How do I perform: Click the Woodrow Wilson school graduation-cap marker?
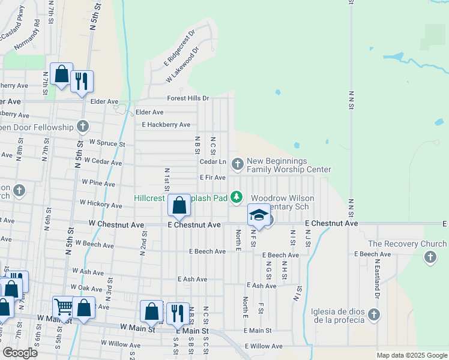[x=259, y=215]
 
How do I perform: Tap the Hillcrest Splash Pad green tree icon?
[x=237, y=196]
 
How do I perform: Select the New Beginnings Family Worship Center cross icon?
[x=237, y=163]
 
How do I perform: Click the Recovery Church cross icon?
[x=430, y=257]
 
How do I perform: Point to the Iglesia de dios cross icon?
[x=373, y=314]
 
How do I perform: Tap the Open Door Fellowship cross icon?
[x=83, y=127]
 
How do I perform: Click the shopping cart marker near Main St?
[x=63, y=307]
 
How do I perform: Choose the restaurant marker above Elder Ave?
[x=82, y=81]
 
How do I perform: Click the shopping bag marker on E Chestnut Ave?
[x=179, y=206]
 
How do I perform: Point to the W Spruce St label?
[x=107, y=144]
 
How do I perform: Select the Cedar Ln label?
[x=212, y=162]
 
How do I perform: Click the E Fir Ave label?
[x=212, y=178]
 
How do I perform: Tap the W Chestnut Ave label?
[x=116, y=224]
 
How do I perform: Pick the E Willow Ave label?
[x=264, y=346]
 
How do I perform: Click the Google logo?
[x=20, y=353]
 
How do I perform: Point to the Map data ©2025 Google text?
[x=411, y=355]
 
